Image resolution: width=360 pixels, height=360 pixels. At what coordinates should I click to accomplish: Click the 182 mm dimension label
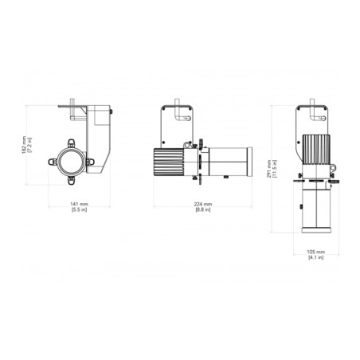pos(24,145)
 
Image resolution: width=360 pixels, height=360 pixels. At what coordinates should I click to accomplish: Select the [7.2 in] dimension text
pos(29,145)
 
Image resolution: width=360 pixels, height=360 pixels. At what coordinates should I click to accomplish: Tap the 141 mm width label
pos(79,204)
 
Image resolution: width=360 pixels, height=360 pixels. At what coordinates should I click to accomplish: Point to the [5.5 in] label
pos(79,209)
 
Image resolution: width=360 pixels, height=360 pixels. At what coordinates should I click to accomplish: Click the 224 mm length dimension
pos(203,204)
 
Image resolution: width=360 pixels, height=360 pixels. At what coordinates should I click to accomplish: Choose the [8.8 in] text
pos(203,209)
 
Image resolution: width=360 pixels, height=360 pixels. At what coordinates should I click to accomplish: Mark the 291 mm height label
pos(269,169)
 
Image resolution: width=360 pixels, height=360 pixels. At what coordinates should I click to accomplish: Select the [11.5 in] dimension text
pos(275,169)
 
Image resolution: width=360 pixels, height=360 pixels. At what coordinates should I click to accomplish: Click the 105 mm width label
pos(316,252)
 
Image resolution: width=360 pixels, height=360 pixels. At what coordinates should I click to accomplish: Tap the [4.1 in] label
pos(316,257)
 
